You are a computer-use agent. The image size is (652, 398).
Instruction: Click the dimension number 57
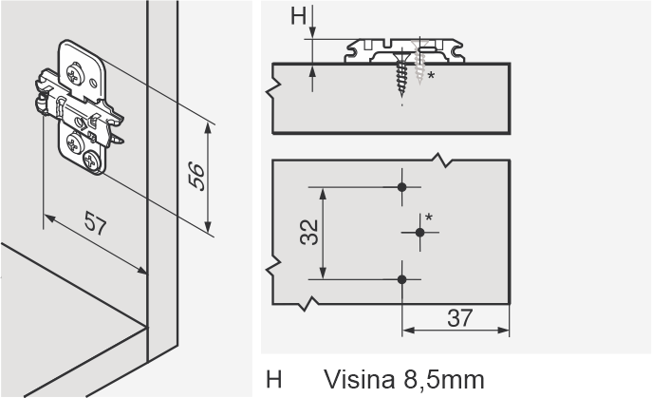96,222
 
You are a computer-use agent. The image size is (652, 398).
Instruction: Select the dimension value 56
196,177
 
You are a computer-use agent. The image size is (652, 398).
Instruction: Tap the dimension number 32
309,233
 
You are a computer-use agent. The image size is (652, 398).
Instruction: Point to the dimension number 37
460,318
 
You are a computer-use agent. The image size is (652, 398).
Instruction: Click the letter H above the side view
299,16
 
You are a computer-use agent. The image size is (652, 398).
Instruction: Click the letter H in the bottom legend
273,380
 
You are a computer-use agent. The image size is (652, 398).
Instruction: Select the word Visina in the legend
359,380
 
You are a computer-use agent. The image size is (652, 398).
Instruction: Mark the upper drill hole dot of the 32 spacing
401,187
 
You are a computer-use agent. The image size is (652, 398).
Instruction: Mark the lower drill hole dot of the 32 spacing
401,279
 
